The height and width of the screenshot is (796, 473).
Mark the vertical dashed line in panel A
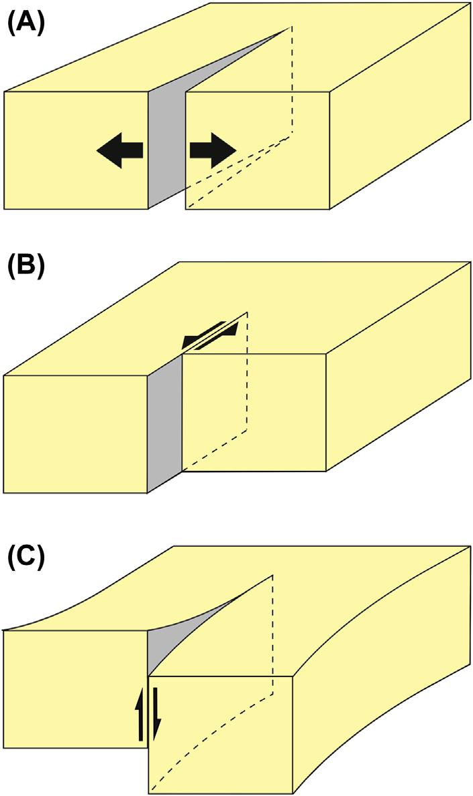tap(292, 81)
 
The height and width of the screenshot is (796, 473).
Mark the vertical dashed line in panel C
tap(272, 631)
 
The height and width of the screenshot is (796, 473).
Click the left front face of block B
tap(74, 433)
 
